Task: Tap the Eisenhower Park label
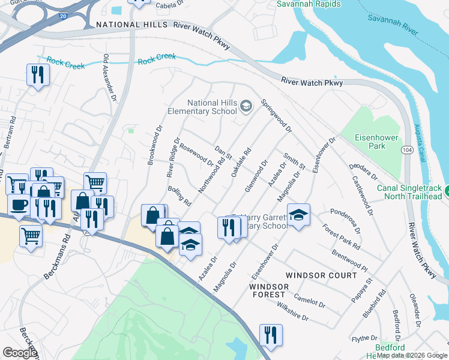(x=377, y=142)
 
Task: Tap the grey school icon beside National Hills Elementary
(x=245, y=106)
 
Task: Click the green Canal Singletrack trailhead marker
(x=445, y=193)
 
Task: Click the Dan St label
(x=223, y=152)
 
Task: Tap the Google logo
(x=20, y=353)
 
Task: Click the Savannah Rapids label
(x=309, y=4)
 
